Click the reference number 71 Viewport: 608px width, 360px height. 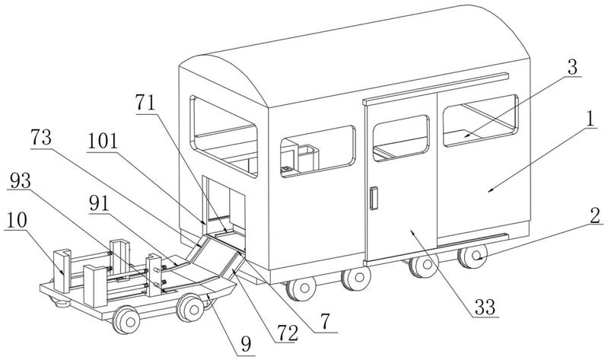click(x=145, y=103)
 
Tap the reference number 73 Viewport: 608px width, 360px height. click(x=41, y=137)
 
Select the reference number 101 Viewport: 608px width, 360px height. click(x=103, y=142)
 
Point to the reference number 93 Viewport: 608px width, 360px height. click(x=20, y=180)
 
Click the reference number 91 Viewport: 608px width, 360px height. click(x=99, y=204)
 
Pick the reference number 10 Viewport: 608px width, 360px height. click(x=17, y=220)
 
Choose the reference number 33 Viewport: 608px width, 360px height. click(x=485, y=307)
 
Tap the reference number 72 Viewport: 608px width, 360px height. click(x=287, y=333)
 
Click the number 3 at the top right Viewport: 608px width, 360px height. click(x=572, y=67)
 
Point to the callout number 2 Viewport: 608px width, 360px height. click(x=595, y=215)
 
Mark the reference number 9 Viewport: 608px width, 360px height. click(x=246, y=344)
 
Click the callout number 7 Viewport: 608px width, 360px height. click(x=325, y=322)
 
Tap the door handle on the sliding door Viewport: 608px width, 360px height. click(x=374, y=198)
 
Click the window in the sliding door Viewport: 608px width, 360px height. click(x=401, y=138)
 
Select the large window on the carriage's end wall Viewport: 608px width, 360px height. click(x=224, y=136)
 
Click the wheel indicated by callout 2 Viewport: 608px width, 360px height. click(x=472, y=256)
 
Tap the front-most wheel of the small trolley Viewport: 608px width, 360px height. click(x=126, y=320)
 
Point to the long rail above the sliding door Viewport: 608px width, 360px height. click(x=435, y=88)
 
